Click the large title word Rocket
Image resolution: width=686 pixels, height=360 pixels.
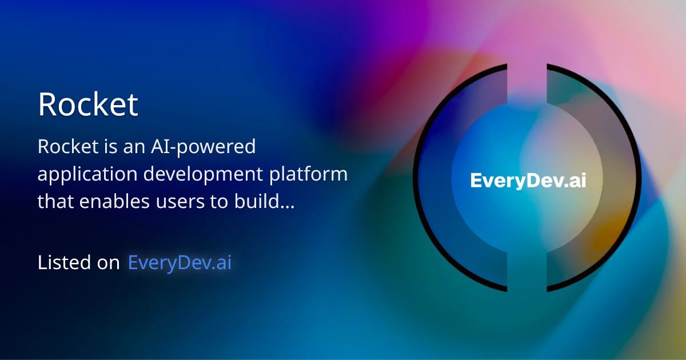click(x=88, y=104)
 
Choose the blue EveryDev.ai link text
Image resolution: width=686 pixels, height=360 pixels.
click(x=180, y=263)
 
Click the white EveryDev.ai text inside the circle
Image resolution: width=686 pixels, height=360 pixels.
click(x=528, y=181)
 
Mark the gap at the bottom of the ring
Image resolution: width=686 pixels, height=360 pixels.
click(x=527, y=286)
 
